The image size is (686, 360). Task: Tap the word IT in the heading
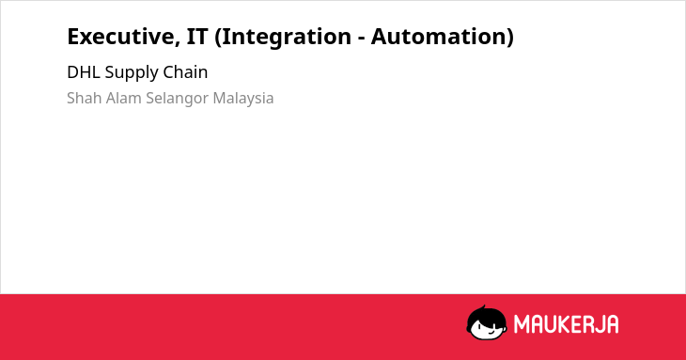point(197,37)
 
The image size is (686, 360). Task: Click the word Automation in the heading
point(439,37)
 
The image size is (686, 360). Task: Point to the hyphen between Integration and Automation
point(361,39)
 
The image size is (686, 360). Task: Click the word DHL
point(84,72)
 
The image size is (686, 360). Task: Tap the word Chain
point(185,72)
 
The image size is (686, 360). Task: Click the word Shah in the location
point(85,98)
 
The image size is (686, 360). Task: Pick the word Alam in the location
point(124,98)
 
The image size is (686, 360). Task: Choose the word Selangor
point(178,99)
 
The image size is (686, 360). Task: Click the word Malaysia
point(243,99)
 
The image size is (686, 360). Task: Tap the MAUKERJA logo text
point(566,324)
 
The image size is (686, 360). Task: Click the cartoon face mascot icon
point(487,322)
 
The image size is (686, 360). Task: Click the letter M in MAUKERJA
point(522,324)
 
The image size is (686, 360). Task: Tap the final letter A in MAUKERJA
point(612,324)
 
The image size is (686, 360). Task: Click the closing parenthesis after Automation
point(510,38)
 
